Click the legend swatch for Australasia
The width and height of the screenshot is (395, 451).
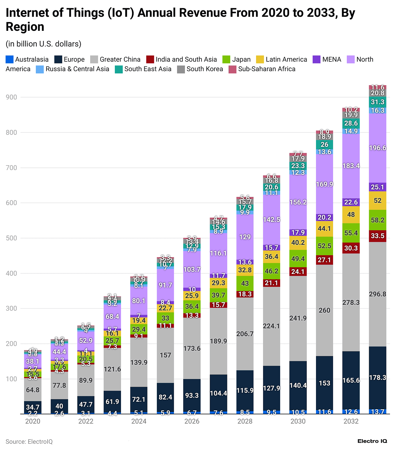coord(9,59)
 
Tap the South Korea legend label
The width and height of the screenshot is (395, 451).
coord(205,69)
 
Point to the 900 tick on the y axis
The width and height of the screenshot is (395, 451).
coord(11,97)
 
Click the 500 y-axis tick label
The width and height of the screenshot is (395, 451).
coord(11,238)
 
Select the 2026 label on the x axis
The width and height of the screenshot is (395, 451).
coord(192,421)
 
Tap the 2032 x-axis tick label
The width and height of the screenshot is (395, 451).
coord(351,421)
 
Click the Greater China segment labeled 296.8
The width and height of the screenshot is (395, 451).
coord(377,294)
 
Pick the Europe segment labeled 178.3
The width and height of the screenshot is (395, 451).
coord(377,378)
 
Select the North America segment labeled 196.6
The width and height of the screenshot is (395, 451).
coord(377,148)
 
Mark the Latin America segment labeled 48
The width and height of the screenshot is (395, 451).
coord(351,215)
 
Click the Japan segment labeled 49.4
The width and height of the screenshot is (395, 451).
coord(298,259)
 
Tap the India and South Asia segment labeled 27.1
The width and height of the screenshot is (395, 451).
coord(325,260)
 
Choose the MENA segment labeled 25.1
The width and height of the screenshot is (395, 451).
coord(377,187)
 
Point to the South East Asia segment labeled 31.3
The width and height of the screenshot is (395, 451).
coord(377,102)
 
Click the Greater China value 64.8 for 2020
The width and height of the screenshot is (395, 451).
coord(33,390)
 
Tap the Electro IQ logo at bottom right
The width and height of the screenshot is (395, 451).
coord(372,441)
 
